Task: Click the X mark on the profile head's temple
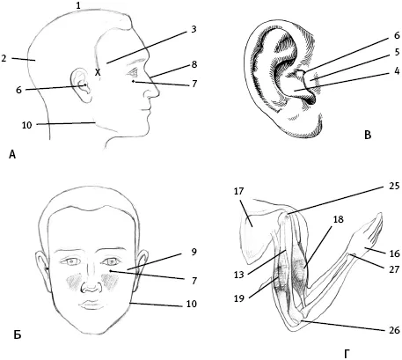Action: point(98,72)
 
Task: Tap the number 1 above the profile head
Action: point(78,4)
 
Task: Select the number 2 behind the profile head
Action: point(4,58)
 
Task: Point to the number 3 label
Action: point(194,30)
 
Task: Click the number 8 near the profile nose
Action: point(194,64)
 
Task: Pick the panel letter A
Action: point(12,154)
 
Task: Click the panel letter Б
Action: point(18,334)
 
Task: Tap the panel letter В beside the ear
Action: point(368,135)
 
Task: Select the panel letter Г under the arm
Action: point(347,354)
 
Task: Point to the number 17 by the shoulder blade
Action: point(239,191)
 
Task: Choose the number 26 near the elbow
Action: point(394,330)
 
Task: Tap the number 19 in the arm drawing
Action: point(239,298)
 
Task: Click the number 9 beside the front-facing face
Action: point(194,252)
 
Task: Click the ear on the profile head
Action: point(81,85)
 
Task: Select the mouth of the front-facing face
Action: point(92,305)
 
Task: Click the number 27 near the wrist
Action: point(394,269)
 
